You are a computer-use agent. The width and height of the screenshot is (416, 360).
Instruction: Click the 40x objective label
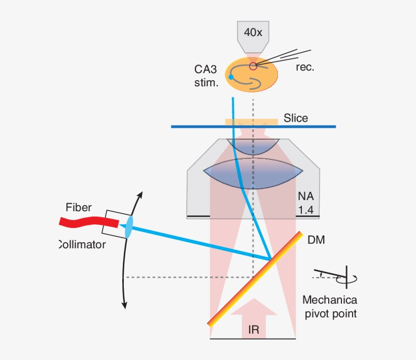(x=253, y=32)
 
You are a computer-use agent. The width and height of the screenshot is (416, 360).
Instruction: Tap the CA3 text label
(x=206, y=69)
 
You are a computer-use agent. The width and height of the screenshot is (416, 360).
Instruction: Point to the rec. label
(x=305, y=67)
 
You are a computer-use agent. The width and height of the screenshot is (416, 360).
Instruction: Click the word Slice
(x=296, y=118)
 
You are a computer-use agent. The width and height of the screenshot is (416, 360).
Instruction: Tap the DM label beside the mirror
(x=316, y=240)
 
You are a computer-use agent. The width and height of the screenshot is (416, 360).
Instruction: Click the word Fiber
(x=79, y=207)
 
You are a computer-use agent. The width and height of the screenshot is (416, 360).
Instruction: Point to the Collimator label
(x=82, y=244)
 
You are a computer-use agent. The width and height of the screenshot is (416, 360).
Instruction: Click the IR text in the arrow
(x=254, y=331)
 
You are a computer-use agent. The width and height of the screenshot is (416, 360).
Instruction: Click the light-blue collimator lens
(x=128, y=226)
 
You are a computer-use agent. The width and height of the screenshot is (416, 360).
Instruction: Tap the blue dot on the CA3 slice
(x=231, y=77)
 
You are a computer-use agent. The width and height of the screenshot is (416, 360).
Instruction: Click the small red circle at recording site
(x=253, y=66)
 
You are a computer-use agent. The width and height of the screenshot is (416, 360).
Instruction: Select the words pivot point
(x=330, y=314)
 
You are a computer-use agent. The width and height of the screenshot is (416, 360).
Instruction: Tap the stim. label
(x=206, y=83)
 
